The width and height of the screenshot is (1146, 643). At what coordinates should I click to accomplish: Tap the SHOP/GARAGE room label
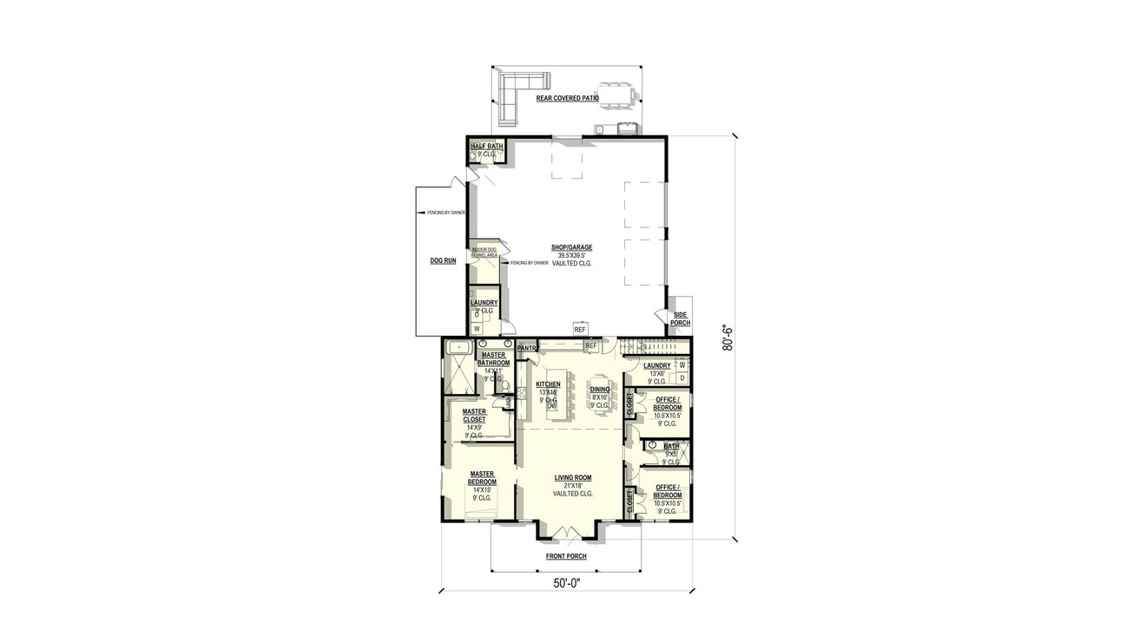coord(571,247)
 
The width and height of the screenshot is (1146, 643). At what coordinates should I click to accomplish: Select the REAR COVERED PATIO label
coord(567,99)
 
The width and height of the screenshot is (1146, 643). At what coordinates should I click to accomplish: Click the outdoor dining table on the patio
coord(615,95)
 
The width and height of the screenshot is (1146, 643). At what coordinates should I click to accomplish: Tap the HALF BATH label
coord(486,147)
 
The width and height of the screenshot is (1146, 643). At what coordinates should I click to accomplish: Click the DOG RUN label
coord(443,260)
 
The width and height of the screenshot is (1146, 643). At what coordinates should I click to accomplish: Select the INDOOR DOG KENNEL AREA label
coord(484,253)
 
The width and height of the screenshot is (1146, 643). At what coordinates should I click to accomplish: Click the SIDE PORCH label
coord(680,318)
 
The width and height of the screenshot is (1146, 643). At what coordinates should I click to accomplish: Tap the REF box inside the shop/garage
coord(580,330)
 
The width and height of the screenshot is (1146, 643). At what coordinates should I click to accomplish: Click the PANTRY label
coord(527,348)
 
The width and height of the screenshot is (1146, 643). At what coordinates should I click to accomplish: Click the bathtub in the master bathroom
coord(456,348)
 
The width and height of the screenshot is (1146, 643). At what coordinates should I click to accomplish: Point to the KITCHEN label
coord(548,384)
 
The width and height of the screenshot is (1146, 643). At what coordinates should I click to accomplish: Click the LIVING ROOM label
coord(572,477)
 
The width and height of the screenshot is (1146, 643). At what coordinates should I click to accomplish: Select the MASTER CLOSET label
coord(474,416)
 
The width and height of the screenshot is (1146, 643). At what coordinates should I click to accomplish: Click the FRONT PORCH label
coord(565,556)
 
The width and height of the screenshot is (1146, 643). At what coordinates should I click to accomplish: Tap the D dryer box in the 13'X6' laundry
coord(682,378)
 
